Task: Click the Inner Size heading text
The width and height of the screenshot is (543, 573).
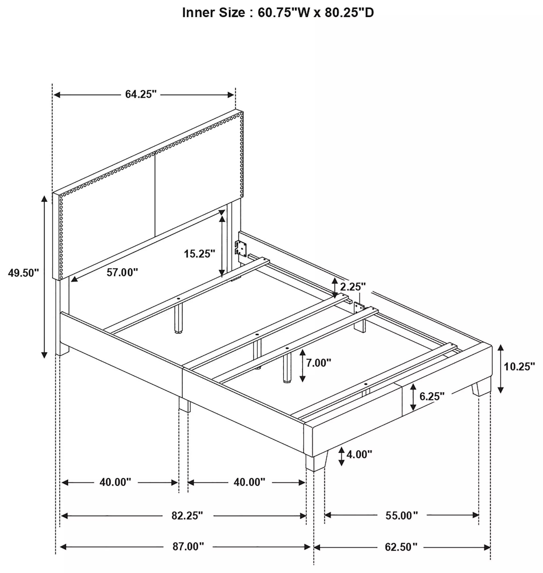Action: (278, 12)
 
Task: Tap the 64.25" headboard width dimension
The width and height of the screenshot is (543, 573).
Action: (141, 94)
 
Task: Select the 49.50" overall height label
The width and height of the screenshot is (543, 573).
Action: (23, 273)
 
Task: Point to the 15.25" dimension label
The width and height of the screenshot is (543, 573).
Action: (200, 253)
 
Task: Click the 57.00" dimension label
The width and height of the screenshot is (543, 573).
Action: (122, 272)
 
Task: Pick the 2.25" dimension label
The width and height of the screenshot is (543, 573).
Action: (353, 286)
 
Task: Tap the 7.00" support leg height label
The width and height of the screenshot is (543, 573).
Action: (319, 363)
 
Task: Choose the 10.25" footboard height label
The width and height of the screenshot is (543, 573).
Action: (519, 367)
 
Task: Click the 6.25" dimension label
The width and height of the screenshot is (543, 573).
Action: (432, 396)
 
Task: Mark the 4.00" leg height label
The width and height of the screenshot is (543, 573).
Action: (359, 454)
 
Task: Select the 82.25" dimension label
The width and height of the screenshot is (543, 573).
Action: (187, 515)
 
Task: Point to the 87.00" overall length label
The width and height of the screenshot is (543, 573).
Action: (188, 546)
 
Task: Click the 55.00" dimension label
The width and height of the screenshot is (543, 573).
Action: (402, 515)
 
